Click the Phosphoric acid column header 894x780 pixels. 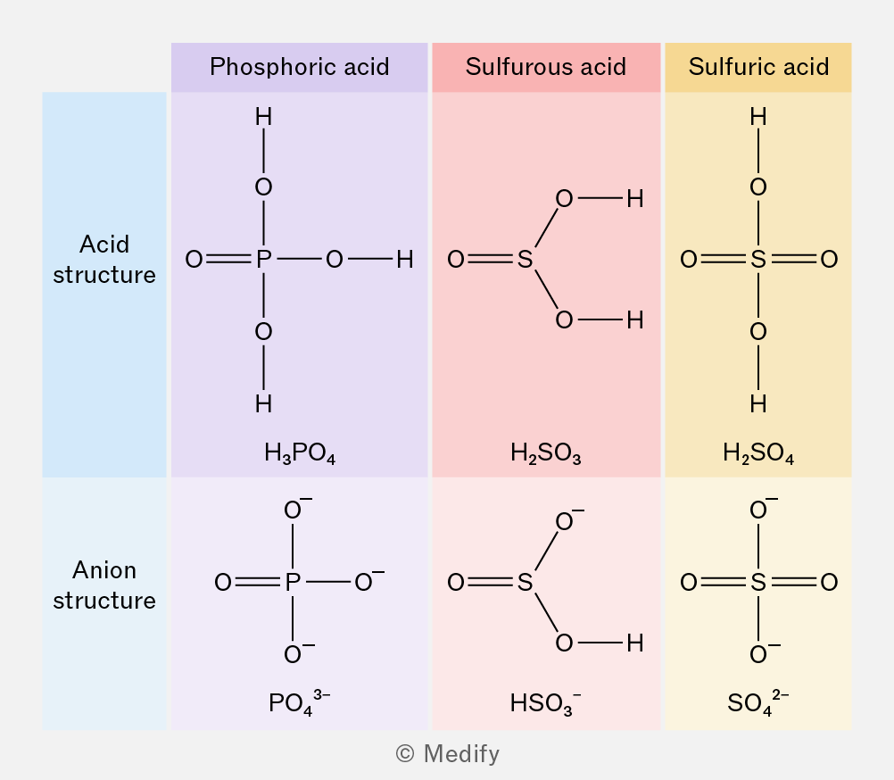tap(299, 67)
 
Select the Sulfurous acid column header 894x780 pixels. tap(546, 67)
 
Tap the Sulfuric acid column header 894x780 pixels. tap(758, 67)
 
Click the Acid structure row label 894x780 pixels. tap(104, 260)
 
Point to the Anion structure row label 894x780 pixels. tap(104, 585)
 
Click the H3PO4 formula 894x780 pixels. tap(300, 453)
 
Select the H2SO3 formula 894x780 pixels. tap(546, 453)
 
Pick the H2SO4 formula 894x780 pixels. tap(758, 453)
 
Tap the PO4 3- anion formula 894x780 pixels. tap(299, 702)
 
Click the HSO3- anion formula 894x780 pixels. tap(546, 702)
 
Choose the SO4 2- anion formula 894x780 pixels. tap(758, 702)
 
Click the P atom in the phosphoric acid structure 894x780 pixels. tap(263, 260)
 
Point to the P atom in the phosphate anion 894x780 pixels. tap(293, 582)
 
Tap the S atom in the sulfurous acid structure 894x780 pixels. tap(526, 260)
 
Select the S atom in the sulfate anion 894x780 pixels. tap(758, 582)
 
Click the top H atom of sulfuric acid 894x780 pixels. tap(758, 117)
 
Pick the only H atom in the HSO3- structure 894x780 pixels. tap(635, 643)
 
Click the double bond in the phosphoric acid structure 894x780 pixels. tap(228, 260)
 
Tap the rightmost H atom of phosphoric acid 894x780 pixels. tap(405, 260)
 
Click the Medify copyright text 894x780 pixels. tap(448, 754)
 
